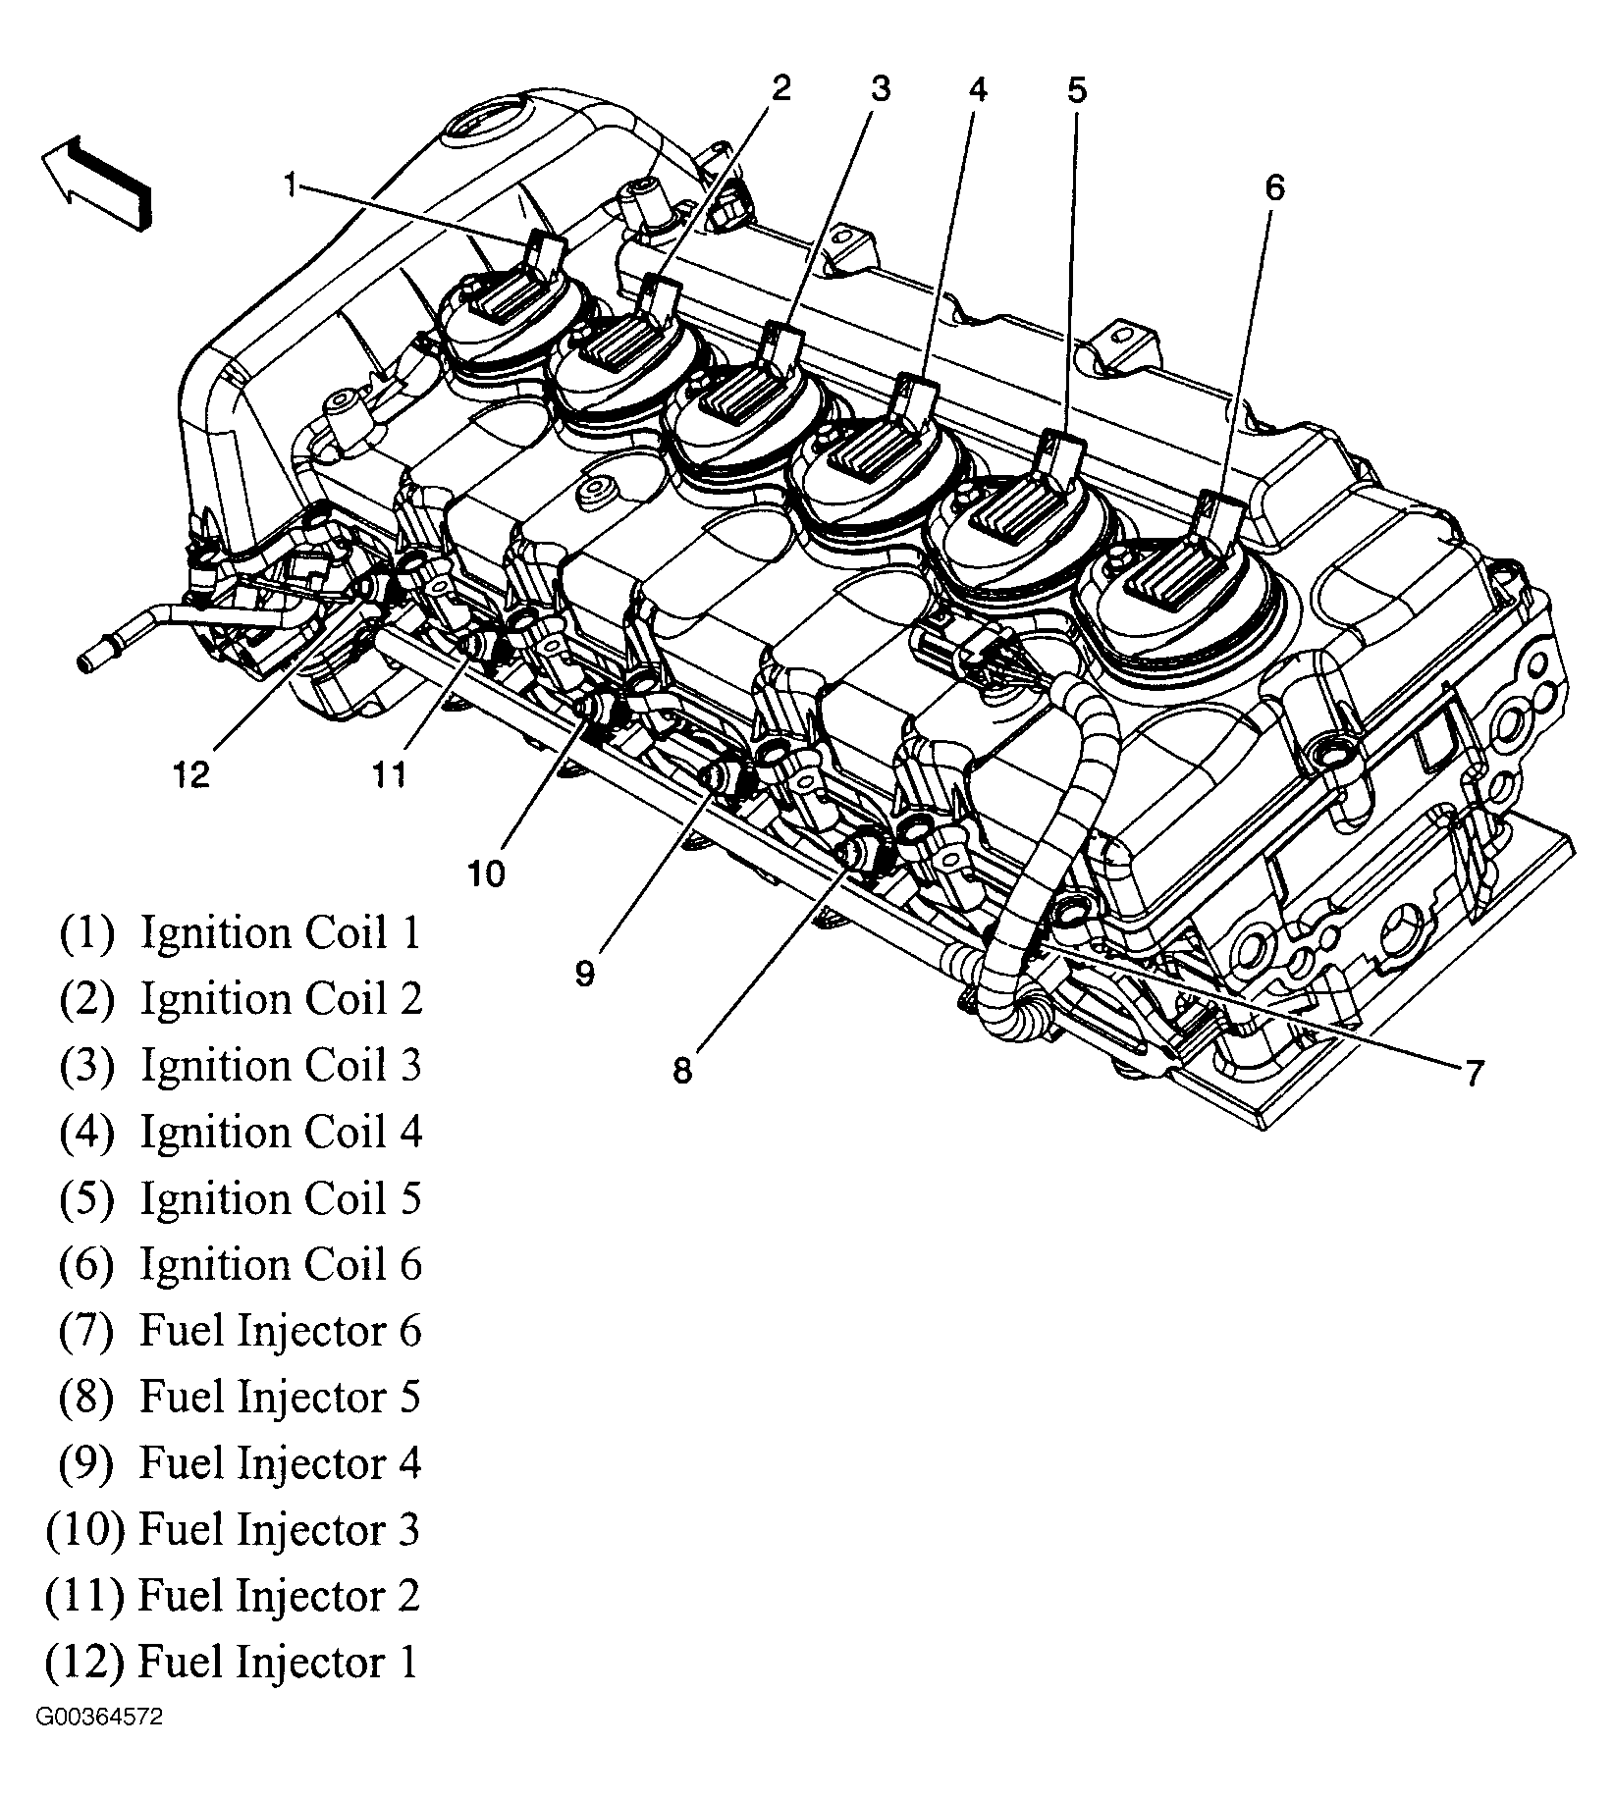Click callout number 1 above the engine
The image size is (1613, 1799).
[x=290, y=185]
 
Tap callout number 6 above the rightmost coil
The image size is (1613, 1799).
[x=1273, y=187]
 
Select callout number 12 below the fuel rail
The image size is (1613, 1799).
[x=191, y=775]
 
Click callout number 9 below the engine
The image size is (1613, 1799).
[x=585, y=974]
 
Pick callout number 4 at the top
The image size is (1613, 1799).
[x=976, y=90]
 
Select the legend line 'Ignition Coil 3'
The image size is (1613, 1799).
[x=241, y=1066]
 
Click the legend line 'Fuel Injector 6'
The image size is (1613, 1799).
[x=241, y=1331]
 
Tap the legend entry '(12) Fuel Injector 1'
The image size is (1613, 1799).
[x=233, y=1663]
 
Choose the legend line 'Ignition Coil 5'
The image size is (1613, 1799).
[x=241, y=1198]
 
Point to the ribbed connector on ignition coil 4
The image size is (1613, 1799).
[x=864, y=453]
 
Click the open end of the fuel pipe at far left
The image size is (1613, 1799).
[x=86, y=663]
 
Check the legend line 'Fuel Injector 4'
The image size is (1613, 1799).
[x=241, y=1463]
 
